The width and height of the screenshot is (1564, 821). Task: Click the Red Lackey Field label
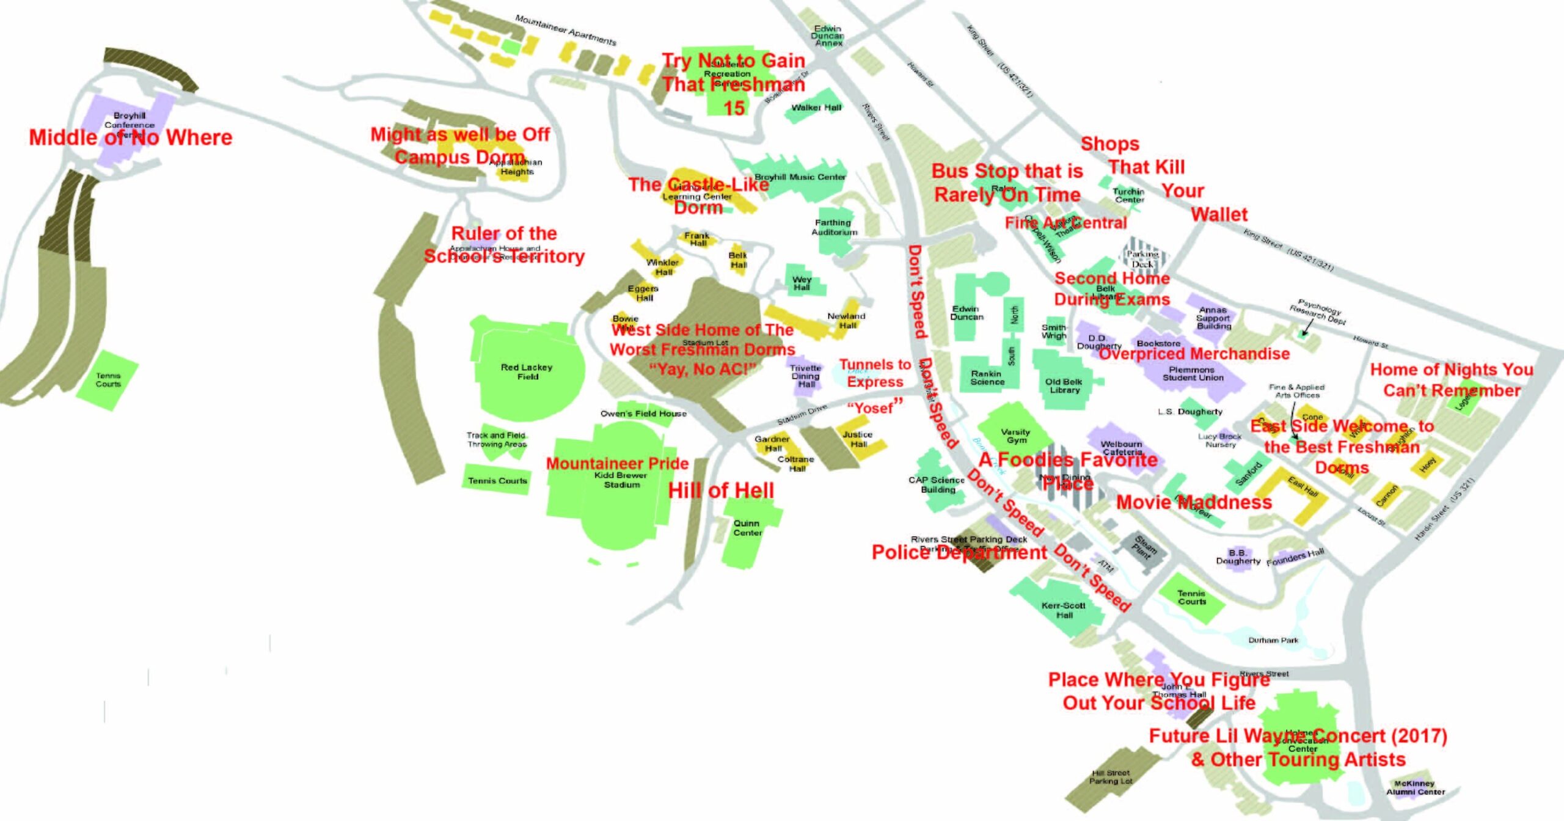(527, 371)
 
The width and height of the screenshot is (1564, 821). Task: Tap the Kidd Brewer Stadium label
(621, 480)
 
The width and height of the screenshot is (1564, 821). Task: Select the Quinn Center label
(747, 528)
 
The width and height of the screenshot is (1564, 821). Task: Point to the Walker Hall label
(816, 108)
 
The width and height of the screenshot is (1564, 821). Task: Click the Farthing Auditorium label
(834, 227)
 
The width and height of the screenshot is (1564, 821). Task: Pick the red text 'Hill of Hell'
(721, 491)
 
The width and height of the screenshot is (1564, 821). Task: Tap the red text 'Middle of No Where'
(131, 137)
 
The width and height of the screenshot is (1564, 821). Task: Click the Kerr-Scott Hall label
(1064, 610)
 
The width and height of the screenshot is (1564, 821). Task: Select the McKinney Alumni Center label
(1416, 787)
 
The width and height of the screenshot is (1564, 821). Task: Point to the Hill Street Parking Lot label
(1111, 776)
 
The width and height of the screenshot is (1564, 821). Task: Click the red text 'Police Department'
(959, 553)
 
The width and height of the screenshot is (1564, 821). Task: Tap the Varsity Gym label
(1016, 436)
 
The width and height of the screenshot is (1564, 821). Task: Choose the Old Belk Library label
(1064, 385)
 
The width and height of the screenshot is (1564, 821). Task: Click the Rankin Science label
(987, 378)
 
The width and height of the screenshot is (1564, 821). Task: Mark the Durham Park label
(1273, 640)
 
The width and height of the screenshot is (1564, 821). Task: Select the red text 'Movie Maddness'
(1194, 502)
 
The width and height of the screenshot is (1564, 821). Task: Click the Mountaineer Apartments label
(566, 30)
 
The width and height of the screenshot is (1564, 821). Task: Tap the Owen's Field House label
(643, 414)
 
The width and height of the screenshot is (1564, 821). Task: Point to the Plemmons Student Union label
(1193, 373)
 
